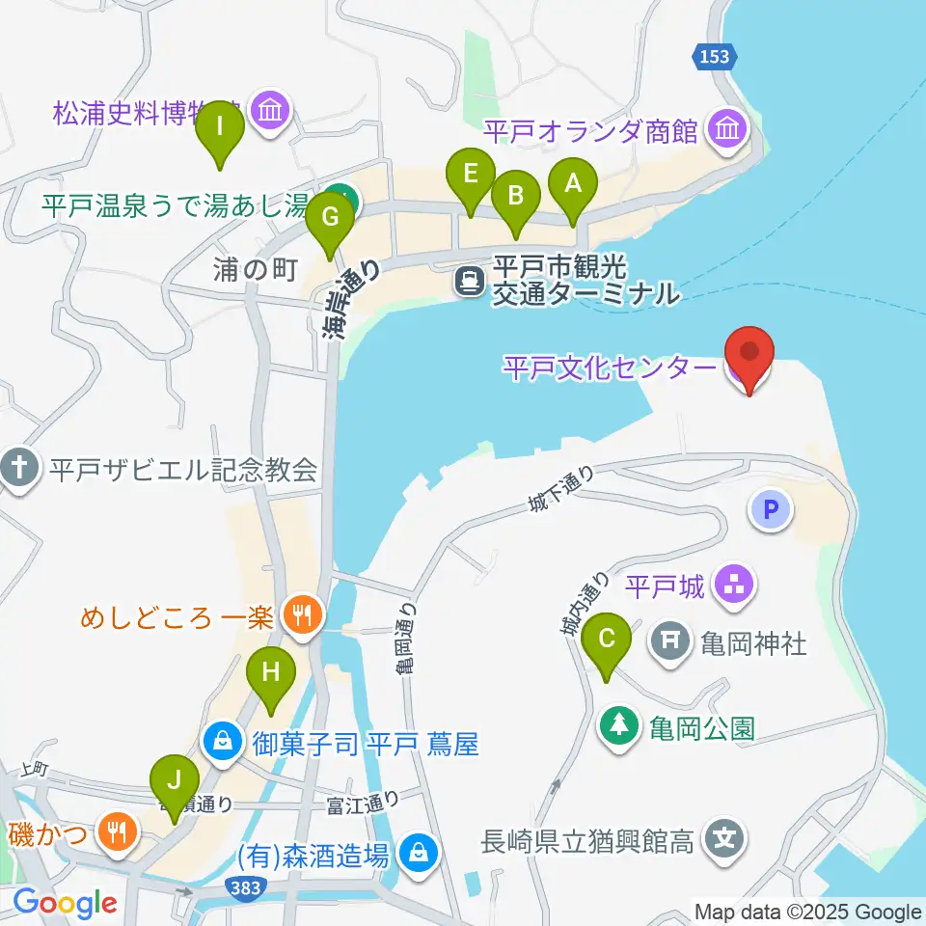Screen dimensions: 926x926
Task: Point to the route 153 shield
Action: click(x=715, y=57)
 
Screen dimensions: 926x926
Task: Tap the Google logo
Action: click(x=65, y=903)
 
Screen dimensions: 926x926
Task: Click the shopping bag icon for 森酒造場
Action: click(x=418, y=852)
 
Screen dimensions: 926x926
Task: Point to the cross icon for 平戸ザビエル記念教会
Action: click(x=18, y=470)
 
